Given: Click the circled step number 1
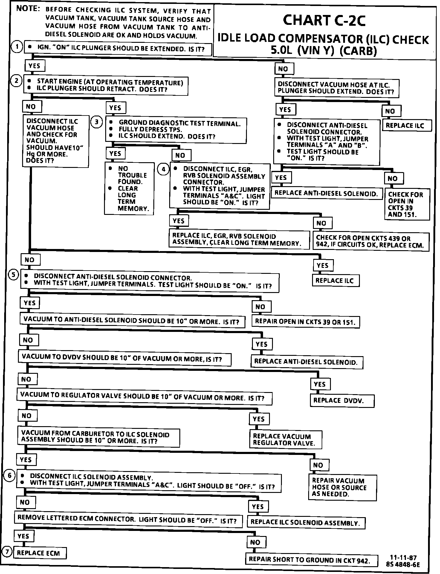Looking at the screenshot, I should pos(17,47).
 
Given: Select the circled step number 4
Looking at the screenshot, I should pos(163,169).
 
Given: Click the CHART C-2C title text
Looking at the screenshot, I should pos(324,20).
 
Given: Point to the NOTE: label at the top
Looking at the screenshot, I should pos(28,9).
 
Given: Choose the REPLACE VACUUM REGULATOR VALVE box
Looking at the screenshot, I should pos(285,440).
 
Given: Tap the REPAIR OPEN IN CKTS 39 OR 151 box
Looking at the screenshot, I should pos(305,322).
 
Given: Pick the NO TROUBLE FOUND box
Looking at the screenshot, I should pos(129,189).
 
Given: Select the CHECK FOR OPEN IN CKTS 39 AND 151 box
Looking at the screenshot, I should pos(407,204).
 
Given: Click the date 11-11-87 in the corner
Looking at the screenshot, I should pos(403,558).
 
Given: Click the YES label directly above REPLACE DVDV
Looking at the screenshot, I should pos(320,384).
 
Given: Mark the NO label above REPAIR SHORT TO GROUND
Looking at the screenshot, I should pos(255,542).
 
